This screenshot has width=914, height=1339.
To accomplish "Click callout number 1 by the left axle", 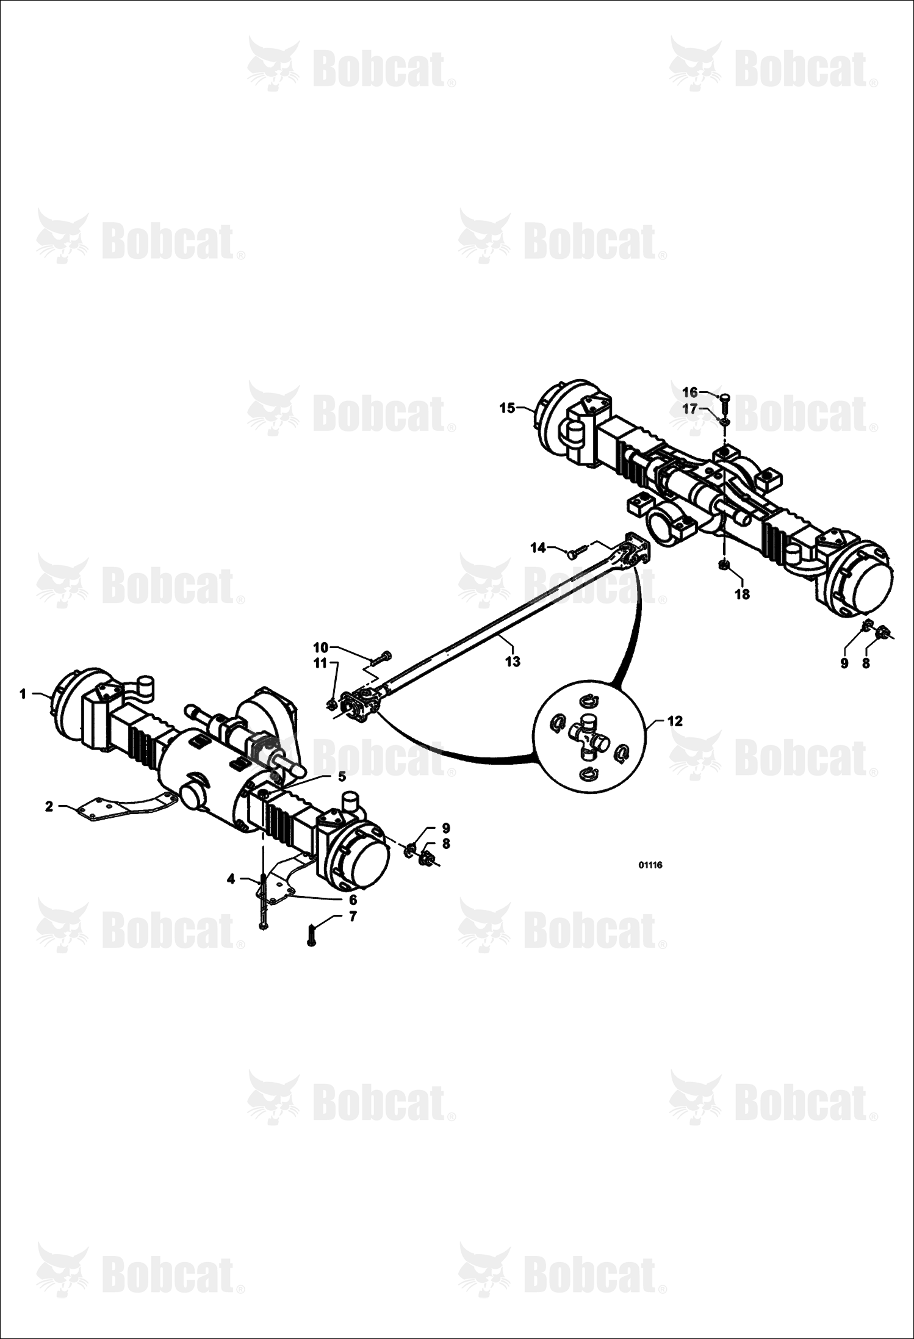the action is point(23,694).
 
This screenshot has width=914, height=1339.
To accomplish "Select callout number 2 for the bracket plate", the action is point(49,806).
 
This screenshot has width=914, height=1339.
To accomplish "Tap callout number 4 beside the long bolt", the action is point(231,879).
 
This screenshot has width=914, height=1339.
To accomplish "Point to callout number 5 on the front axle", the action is point(342,776).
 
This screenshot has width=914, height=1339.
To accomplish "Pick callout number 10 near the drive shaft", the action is point(321,647).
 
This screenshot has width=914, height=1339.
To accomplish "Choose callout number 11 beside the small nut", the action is point(321,663).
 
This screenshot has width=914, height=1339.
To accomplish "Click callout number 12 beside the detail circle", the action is point(675,721).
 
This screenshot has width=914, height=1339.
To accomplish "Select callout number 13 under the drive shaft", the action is point(513,662).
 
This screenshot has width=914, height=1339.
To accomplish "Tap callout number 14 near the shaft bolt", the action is point(538,548).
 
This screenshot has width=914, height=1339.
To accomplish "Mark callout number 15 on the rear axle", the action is point(508,408).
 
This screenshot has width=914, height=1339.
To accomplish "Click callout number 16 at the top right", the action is point(689,392).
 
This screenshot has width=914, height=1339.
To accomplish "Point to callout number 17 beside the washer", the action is point(689,409).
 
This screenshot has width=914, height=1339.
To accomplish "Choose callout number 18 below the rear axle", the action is point(742,594).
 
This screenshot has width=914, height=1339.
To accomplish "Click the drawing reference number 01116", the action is point(650,865).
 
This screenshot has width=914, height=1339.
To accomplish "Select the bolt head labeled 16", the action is point(724,398).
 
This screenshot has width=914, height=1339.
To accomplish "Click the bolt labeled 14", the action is point(575,552).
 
